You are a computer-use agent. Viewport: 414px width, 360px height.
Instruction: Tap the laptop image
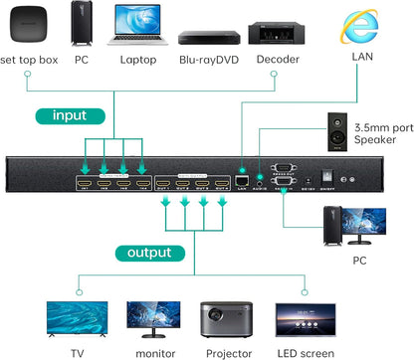tap(138, 26)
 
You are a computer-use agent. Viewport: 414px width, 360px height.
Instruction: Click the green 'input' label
tap(70, 114)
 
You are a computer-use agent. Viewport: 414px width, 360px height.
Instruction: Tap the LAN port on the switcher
tap(241, 182)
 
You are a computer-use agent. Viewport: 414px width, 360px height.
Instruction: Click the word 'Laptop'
tap(139, 60)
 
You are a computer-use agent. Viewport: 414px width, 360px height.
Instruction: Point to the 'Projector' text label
tap(228, 350)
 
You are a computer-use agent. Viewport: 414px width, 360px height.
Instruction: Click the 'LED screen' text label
tap(304, 350)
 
